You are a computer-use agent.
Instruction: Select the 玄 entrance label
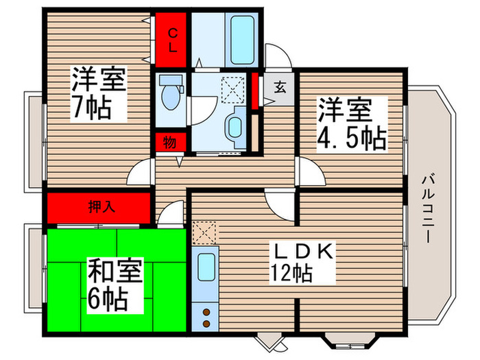280,87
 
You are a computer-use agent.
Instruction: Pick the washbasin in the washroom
235,128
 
